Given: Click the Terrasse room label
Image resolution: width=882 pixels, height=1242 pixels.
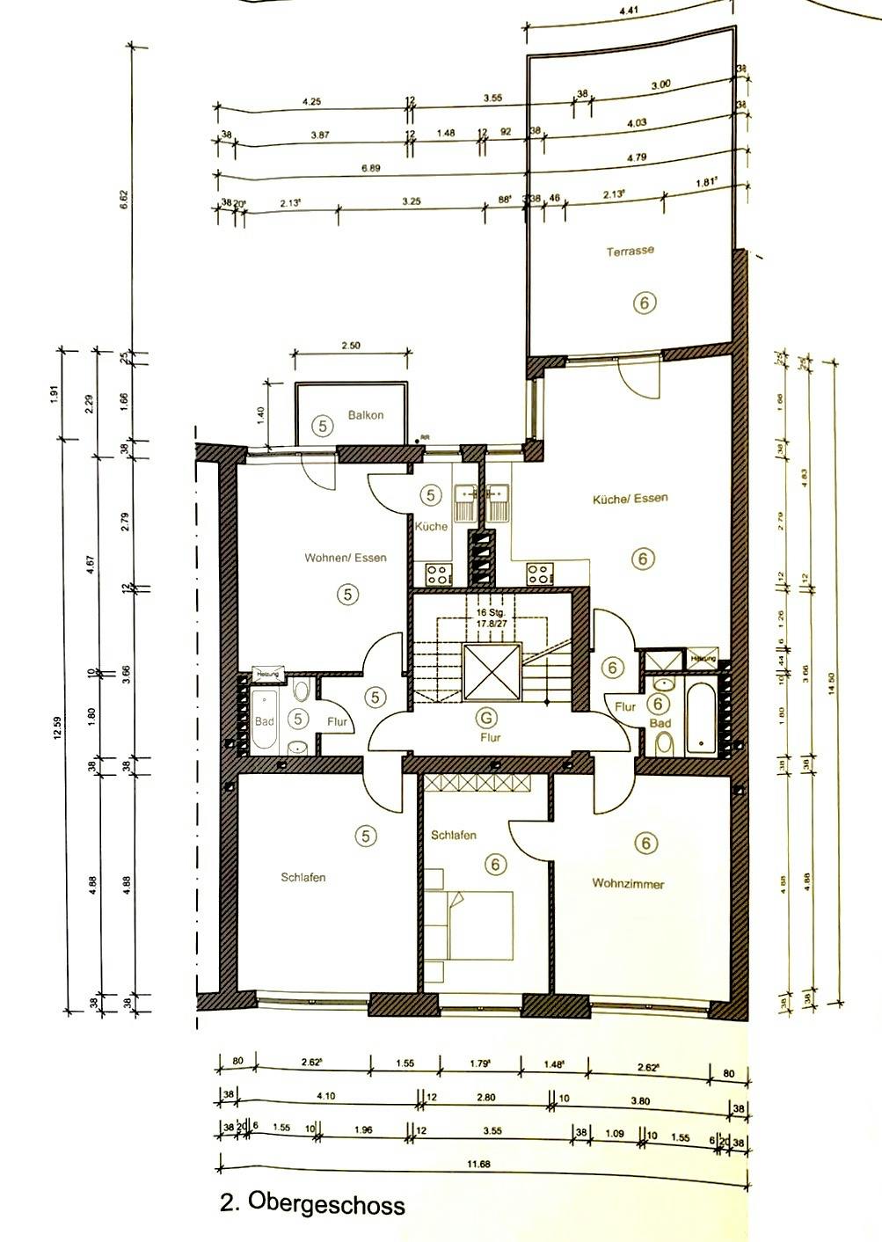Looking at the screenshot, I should coord(630,251).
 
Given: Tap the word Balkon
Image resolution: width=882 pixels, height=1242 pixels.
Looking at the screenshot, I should coord(365,415).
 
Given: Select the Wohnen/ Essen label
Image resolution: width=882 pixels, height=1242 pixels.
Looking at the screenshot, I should coord(345,558).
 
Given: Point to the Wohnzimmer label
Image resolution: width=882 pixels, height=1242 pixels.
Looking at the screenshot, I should coord(628,884).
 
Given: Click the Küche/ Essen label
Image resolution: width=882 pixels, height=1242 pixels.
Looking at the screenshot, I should coord(630,498).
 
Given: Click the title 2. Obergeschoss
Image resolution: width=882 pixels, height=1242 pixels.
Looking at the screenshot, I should coord(312,1202).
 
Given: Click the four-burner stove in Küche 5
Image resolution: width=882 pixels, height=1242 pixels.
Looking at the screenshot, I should coord(437,575).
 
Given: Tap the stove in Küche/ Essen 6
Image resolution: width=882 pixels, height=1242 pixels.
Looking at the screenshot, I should coord(538,575).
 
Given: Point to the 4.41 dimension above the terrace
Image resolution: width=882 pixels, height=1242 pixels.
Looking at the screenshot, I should coord(629,12).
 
